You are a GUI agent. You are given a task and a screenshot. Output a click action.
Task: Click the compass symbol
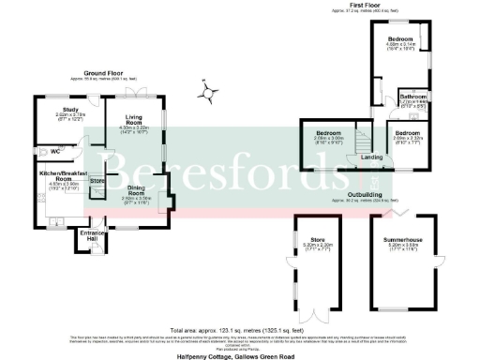pyautogui.click(x=208, y=91)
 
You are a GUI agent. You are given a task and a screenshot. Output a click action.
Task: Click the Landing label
pyautogui.click(x=371, y=157)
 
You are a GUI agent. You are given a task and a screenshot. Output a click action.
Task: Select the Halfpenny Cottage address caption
pyautogui.click(x=240, y=355)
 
